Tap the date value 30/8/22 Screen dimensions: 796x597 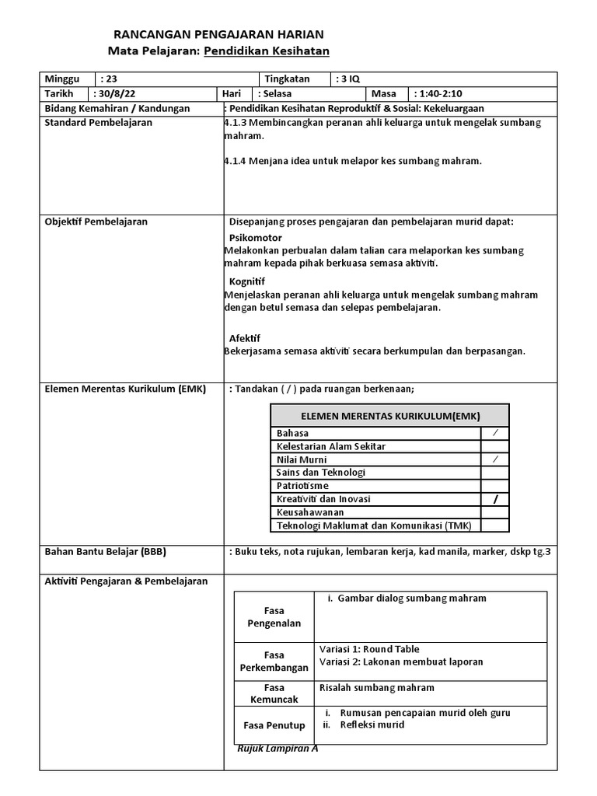114,93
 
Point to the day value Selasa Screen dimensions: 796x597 274,93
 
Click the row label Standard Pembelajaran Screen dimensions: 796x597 99,122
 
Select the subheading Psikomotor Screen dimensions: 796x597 256,237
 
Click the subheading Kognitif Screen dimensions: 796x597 247,281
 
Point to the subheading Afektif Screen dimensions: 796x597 245,338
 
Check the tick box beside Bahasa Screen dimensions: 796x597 494,433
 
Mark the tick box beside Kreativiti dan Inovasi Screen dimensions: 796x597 494,499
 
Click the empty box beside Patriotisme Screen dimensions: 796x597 494,486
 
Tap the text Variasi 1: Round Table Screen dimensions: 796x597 369,649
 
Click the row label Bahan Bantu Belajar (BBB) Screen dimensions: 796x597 106,552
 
